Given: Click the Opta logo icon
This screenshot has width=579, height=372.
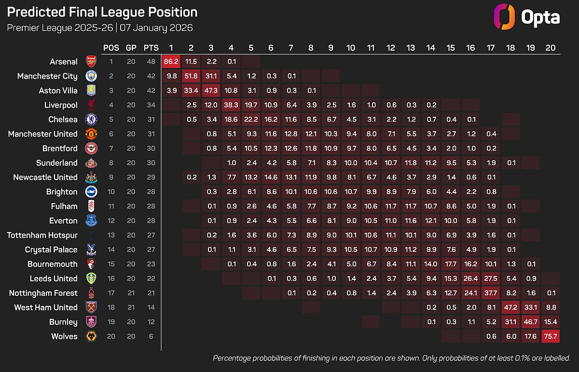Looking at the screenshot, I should coord(504,17).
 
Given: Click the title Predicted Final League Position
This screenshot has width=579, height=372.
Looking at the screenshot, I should coord(102,12).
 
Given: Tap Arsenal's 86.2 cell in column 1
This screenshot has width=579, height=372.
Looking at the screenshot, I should coord(171,61).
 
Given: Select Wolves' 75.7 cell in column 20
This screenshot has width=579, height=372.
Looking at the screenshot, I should coord(551,336).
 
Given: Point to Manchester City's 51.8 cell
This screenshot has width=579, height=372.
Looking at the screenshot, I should coord(191,76).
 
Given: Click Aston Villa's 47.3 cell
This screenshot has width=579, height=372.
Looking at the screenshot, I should coord(211,90).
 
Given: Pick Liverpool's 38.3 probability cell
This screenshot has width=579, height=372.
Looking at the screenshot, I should coord(231,105).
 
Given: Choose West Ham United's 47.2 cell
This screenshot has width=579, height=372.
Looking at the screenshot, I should coord(510,307).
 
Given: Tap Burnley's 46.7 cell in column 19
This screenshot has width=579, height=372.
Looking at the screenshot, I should coord(531,322).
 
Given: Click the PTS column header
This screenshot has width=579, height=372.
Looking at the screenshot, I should coord(151,48).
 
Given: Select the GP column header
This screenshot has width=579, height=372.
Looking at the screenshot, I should coord(131,48).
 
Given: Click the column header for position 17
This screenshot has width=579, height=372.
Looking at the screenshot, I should coord(491,48).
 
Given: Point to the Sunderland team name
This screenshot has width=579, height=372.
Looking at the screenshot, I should coord(56,163).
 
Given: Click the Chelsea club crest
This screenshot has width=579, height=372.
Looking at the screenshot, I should coord(91,119).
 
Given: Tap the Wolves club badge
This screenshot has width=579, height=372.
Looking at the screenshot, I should coord(91,336).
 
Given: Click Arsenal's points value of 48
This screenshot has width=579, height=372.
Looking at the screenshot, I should coord(151,61).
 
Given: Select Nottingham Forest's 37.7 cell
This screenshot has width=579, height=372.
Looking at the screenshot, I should coord(491,293).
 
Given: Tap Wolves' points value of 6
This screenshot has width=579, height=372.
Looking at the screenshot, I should coord(151,336).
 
